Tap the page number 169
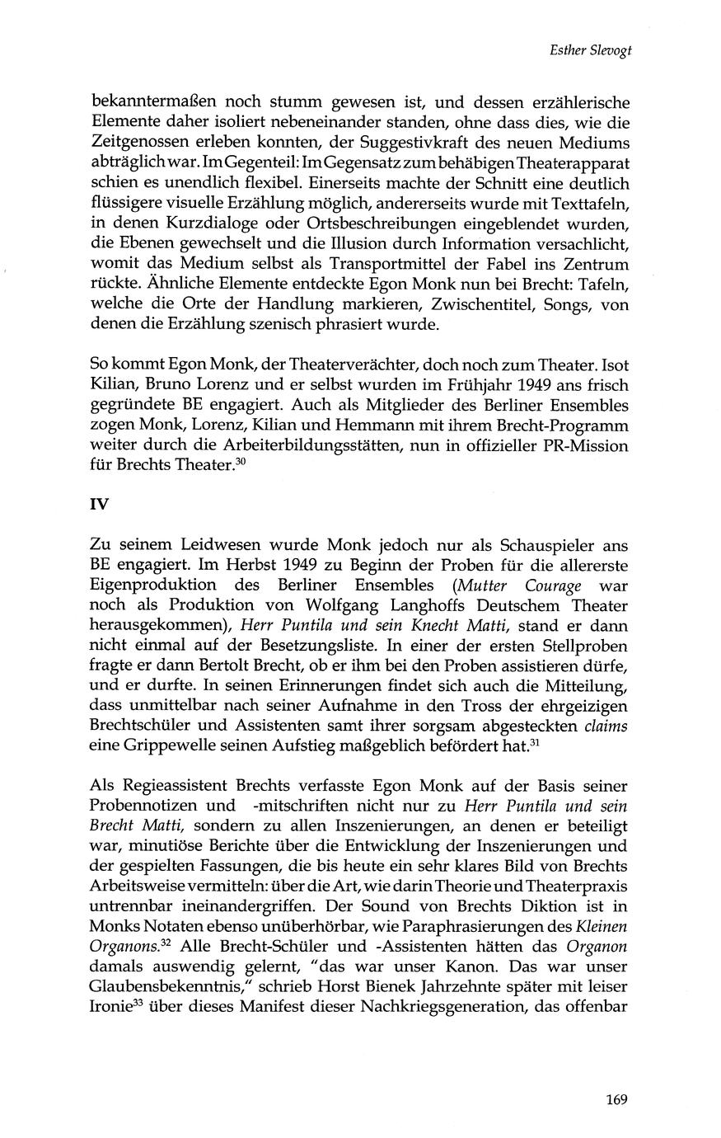coord(617,1098)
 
